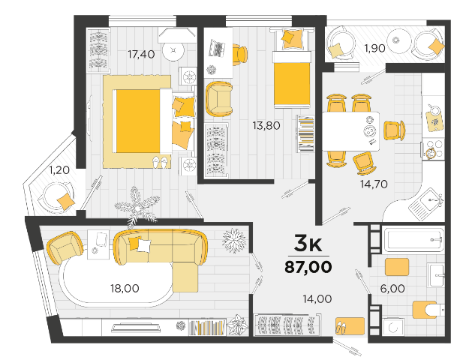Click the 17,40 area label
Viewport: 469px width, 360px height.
[x=141, y=55]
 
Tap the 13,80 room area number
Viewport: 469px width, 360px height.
[x=266, y=125]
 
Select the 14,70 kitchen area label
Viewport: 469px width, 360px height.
[x=374, y=184]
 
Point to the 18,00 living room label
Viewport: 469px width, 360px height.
[x=125, y=289]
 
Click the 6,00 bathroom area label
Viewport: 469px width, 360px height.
[x=392, y=289]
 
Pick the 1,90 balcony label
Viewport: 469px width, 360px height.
[x=374, y=48]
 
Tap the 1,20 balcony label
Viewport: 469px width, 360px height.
[x=59, y=170]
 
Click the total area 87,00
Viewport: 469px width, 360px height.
[x=308, y=267]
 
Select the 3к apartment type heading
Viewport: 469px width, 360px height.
[x=308, y=244]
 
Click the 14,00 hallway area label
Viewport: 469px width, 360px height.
[x=317, y=298]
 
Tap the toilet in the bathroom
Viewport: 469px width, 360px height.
[x=428, y=310]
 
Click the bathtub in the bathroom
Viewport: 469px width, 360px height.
[x=413, y=240]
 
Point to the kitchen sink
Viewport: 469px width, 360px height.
[x=426, y=204]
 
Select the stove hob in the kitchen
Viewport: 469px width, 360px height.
[x=433, y=149]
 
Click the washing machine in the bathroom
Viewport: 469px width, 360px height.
[x=393, y=327]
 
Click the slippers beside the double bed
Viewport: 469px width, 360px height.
[x=161, y=162]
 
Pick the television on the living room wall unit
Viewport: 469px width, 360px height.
[x=137, y=328]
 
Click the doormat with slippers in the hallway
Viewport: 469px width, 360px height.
[x=350, y=326]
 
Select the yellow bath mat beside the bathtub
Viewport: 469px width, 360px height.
[x=397, y=267]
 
